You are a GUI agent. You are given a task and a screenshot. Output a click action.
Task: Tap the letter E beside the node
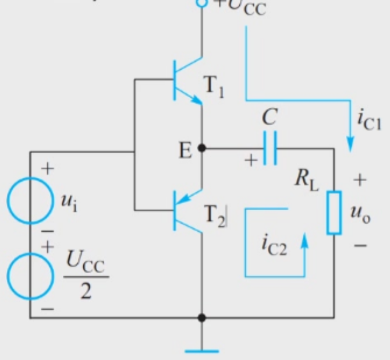(x=185, y=150)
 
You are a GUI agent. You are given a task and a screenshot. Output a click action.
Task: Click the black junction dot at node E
(x=202, y=148)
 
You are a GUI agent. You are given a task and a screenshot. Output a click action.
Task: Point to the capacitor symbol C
(x=270, y=148)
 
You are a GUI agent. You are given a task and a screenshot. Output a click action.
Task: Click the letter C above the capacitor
(x=270, y=117)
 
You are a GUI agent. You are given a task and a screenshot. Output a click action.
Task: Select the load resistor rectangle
(x=334, y=213)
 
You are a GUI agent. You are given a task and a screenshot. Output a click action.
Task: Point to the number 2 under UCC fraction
(x=86, y=291)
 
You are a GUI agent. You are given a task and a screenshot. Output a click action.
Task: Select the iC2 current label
(x=274, y=245)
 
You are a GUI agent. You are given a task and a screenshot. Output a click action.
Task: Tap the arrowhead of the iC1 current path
(x=350, y=144)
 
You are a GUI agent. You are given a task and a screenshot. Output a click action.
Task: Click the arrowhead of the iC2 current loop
(x=304, y=240)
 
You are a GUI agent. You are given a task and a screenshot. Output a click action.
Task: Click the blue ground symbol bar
(x=202, y=351)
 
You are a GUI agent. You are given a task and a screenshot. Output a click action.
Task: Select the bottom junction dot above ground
(x=202, y=317)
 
